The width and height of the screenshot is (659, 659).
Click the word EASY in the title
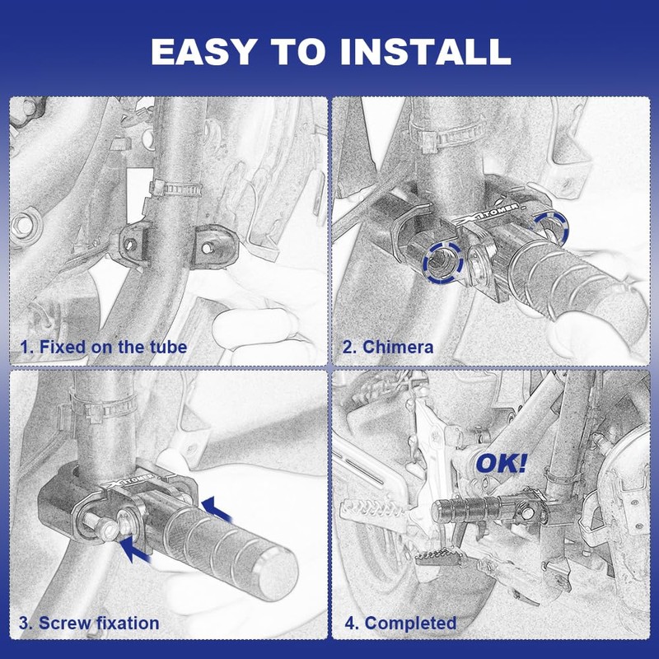tap(203, 51)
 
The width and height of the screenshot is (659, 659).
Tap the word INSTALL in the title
tap(425, 51)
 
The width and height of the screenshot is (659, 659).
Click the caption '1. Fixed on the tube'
tap(104, 347)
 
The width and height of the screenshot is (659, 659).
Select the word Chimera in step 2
tap(398, 347)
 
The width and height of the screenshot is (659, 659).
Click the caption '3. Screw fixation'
tap(89, 623)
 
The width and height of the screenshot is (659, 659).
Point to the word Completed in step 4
tap(410, 623)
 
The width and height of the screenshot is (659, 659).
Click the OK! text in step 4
tap(501, 464)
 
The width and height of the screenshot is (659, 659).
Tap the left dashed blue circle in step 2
tap(443, 263)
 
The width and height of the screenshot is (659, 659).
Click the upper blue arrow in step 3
tap(217, 509)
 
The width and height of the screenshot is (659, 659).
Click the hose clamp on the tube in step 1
tap(176, 189)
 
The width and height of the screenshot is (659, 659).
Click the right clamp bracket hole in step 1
tap(207, 249)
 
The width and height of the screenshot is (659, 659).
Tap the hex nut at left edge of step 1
tap(25, 226)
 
